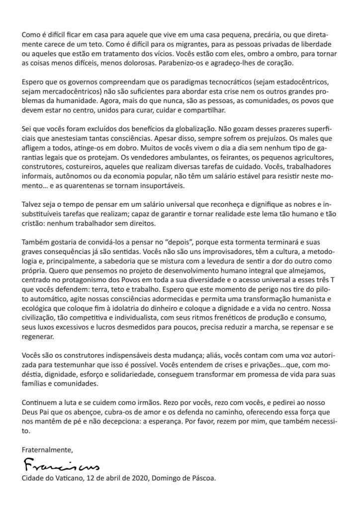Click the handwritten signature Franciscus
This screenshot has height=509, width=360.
pos(61,467)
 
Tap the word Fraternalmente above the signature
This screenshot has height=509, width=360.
pos(47,449)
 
